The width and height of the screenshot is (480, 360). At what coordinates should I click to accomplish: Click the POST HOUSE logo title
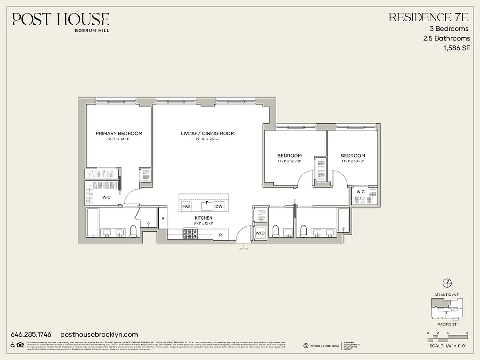(x=61, y=19)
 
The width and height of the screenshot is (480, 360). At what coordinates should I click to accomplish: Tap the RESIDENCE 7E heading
(x=429, y=18)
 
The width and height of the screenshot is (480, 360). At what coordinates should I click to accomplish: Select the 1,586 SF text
(x=457, y=48)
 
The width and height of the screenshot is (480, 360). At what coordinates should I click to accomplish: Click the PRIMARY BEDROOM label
(x=119, y=133)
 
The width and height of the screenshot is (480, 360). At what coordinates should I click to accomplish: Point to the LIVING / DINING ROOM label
(x=207, y=133)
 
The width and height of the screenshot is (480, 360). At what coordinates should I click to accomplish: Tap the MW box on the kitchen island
(x=186, y=207)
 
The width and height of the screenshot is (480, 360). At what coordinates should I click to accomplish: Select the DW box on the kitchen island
(x=219, y=207)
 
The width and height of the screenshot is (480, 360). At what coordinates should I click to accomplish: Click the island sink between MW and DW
(x=206, y=206)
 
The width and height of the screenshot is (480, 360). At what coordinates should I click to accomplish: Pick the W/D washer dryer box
(x=260, y=233)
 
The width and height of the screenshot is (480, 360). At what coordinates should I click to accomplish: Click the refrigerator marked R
(x=220, y=234)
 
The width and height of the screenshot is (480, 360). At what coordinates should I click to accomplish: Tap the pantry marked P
(x=162, y=218)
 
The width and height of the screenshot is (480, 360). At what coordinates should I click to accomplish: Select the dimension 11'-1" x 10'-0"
(x=352, y=161)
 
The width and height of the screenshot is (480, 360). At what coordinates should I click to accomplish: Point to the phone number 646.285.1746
(x=31, y=334)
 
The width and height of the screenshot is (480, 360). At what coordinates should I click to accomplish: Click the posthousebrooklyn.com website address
(x=99, y=334)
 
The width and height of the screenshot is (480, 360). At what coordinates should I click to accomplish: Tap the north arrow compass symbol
(x=447, y=282)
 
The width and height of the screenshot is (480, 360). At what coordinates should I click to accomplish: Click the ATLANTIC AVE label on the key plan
(x=447, y=295)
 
